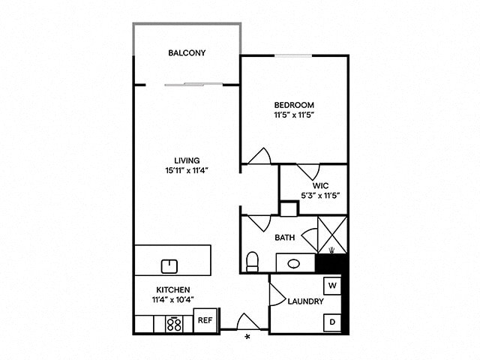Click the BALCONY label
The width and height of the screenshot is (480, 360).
187,53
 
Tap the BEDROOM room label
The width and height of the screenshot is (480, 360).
293,105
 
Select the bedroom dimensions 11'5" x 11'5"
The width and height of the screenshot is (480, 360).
293,116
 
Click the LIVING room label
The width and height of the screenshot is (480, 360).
186,160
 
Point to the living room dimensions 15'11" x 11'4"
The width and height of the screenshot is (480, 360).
186,170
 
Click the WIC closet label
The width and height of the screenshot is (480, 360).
320,185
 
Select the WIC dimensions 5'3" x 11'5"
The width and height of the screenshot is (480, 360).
320,196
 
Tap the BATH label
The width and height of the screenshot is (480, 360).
284,238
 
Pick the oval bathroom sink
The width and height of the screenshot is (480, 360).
294,264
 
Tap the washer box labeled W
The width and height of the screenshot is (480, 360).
331,286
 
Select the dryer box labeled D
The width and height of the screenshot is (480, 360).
331,322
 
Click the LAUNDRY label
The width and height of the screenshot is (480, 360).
305,302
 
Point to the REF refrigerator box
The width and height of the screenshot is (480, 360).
205,320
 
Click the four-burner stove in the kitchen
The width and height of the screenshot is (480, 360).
174,324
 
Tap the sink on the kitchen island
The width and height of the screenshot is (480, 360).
169,265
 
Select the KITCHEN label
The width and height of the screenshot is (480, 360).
172,289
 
